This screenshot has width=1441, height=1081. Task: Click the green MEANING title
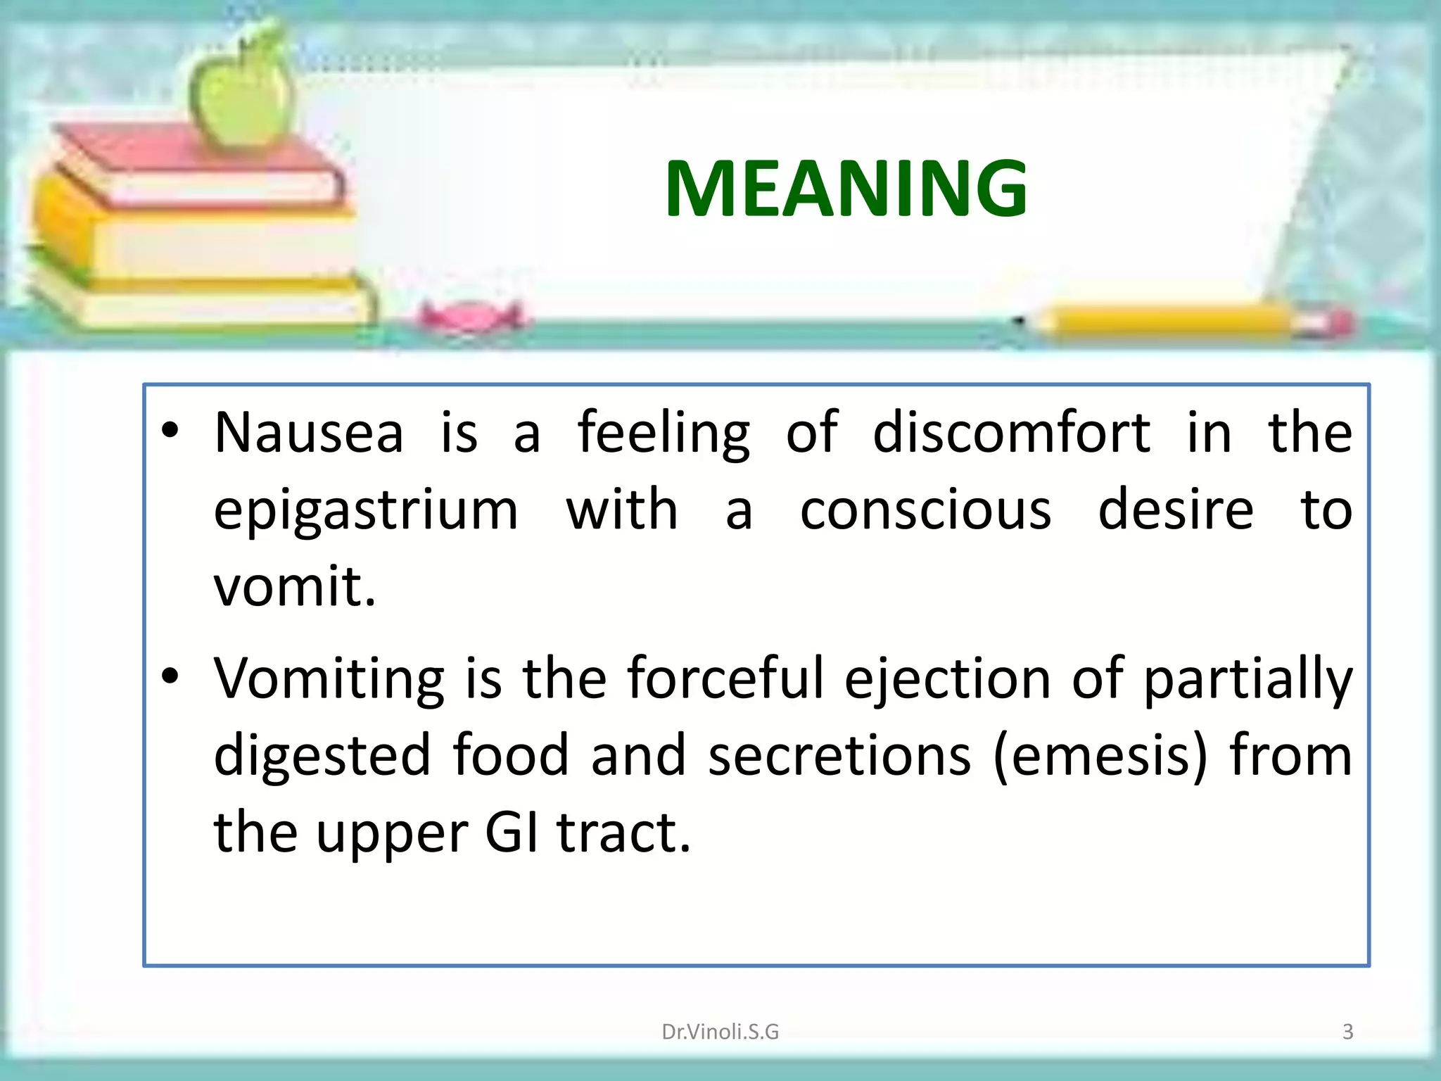point(846,189)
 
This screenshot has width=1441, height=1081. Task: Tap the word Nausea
point(309,432)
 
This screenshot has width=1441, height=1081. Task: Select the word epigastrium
point(366,511)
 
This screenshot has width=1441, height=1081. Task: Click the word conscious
point(925,510)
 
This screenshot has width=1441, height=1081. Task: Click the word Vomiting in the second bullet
point(329,680)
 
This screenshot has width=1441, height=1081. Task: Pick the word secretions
point(839,756)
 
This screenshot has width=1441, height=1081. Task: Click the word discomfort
point(1011,432)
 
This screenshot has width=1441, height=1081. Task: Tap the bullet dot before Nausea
point(170,430)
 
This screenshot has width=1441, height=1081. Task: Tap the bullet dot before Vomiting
point(170,676)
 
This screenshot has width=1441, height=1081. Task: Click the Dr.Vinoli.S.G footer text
point(720,1032)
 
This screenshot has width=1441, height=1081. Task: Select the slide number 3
point(1347,1032)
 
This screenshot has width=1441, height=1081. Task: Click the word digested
point(322,756)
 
